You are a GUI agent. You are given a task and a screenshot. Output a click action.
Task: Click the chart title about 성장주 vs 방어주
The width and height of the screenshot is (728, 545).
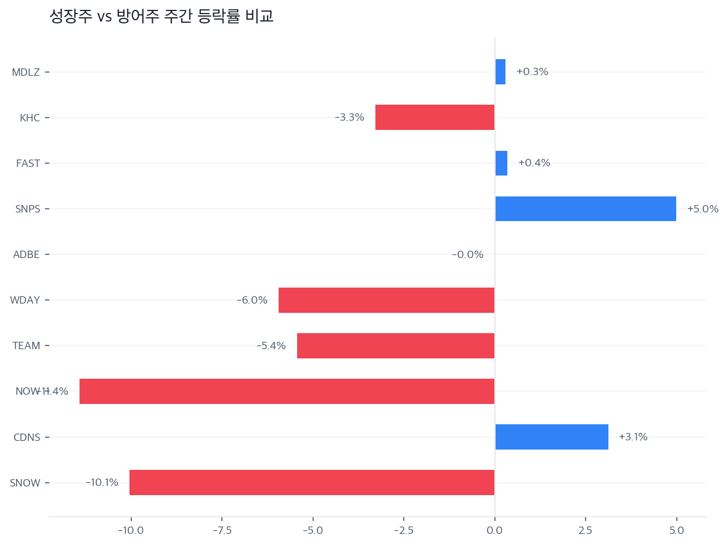[162, 17]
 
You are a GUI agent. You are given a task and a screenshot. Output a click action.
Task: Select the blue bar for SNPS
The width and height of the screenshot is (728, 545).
[586, 209]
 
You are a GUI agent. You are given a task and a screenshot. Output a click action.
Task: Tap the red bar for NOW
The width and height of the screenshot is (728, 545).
[287, 391]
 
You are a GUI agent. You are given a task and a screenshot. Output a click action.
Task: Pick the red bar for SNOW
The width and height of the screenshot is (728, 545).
[312, 482]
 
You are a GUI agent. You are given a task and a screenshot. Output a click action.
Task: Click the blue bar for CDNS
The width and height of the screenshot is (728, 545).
[552, 437]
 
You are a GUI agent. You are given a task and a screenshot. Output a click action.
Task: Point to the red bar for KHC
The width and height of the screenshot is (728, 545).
[435, 117]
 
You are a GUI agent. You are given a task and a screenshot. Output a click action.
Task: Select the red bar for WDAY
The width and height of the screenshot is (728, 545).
[386, 300]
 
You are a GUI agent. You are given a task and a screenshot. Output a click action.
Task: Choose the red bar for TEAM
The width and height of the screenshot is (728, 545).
[396, 345]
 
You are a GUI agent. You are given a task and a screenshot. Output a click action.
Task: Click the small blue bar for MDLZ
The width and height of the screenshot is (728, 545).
[501, 72]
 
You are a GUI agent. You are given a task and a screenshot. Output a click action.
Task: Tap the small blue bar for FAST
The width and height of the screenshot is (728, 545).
[501, 163]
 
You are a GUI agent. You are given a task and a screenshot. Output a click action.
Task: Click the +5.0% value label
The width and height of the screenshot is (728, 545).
[703, 209]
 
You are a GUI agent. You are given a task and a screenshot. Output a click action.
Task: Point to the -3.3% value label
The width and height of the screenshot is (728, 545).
[350, 117]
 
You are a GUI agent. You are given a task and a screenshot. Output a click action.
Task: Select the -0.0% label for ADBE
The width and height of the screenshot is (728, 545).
[468, 254]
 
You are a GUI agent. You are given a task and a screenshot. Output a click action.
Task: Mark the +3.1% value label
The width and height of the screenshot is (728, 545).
[633, 437]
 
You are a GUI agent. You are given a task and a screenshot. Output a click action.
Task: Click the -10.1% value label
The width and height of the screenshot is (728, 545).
[102, 482]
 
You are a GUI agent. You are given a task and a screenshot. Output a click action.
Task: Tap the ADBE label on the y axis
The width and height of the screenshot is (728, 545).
[27, 254]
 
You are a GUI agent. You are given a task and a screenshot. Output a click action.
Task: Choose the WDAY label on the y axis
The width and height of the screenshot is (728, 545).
[25, 300]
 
